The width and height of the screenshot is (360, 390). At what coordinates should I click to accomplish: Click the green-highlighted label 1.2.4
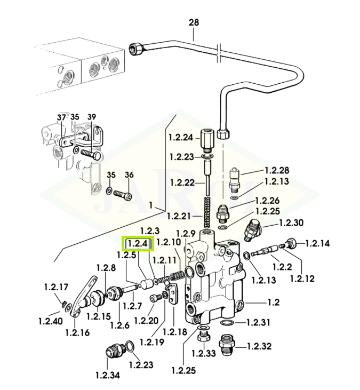[138, 244]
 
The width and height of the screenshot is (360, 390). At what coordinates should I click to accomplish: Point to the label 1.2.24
[180, 137]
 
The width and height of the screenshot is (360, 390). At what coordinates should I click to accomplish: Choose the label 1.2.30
[291, 223]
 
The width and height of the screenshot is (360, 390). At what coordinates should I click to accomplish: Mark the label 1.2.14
[317, 244]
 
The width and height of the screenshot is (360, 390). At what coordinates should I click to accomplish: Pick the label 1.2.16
[77, 333]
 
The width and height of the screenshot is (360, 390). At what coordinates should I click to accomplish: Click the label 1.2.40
[50, 321]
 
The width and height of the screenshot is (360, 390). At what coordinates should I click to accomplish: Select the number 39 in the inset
[92, 117]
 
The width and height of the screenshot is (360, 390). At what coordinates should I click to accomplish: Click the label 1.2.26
[267, 201]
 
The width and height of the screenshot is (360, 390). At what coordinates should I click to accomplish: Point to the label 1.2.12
[302, 277]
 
